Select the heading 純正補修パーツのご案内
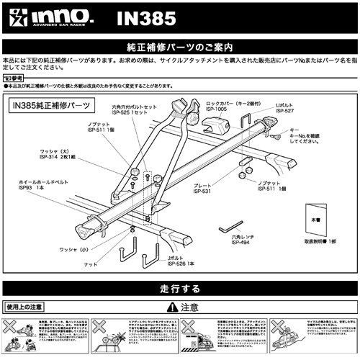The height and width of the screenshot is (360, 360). [x=180, y=48]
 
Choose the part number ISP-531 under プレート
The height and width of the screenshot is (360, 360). [x=205, y=191]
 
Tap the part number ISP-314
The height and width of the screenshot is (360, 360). [x=48, y=158]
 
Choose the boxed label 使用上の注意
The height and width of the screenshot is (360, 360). [x=19, y=305]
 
